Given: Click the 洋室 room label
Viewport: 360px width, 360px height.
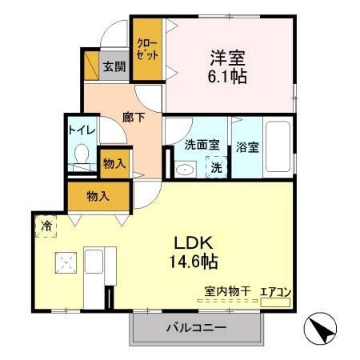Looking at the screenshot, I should (x=228, y=58).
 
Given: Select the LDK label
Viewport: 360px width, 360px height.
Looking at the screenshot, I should (x=193, y=242).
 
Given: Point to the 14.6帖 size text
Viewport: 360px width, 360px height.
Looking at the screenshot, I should (x=193, y=261).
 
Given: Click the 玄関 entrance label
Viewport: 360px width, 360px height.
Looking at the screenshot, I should (x=114, y=66).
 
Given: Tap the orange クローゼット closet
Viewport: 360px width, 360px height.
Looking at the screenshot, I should (x=147, y=48).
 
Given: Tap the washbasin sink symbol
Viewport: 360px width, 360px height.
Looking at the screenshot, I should (x=184, y=168).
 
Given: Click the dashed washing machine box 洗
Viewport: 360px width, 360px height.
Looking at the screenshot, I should (x=217, y=167).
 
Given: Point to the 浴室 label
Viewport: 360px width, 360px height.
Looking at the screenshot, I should (x=246, y=147).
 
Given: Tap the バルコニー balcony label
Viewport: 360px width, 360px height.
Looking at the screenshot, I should (x=196, y=327).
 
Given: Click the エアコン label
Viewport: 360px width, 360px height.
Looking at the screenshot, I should (x=277, y=294).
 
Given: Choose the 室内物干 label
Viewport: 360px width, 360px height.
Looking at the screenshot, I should (x=228, y=294).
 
